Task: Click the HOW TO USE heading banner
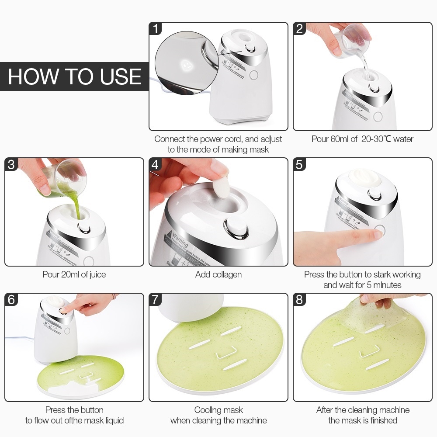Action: click(x=74, y=76)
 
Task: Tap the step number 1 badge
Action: click(x=155, y=28)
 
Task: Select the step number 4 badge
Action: click(x=155, y=164)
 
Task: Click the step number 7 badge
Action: click(x=155, y=300)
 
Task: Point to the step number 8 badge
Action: click(x=299, y=300)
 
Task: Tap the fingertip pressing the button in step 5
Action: click(x=375, y=234)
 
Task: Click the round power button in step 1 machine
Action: click(x=254, y=75)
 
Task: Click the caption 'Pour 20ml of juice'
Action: click(x=74, y=274)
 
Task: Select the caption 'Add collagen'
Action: click(x=218, y=274)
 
